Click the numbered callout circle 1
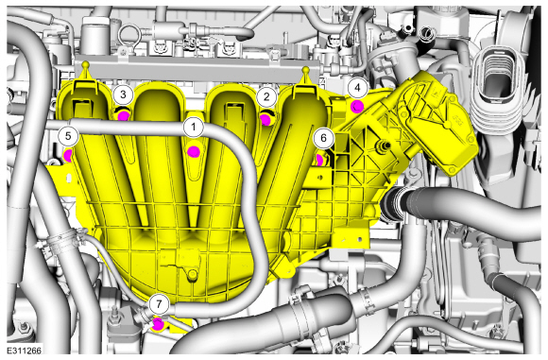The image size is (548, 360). [194, 128]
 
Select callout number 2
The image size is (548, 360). [266, 96]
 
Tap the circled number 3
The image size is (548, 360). [123, 94]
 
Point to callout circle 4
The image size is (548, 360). [357, 88]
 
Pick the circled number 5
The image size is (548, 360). [68, 136]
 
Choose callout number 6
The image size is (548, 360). [323, 138]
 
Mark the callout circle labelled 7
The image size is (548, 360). [159, 304]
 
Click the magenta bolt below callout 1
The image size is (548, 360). [194, 152]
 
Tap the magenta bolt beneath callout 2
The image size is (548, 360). [265, 120]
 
